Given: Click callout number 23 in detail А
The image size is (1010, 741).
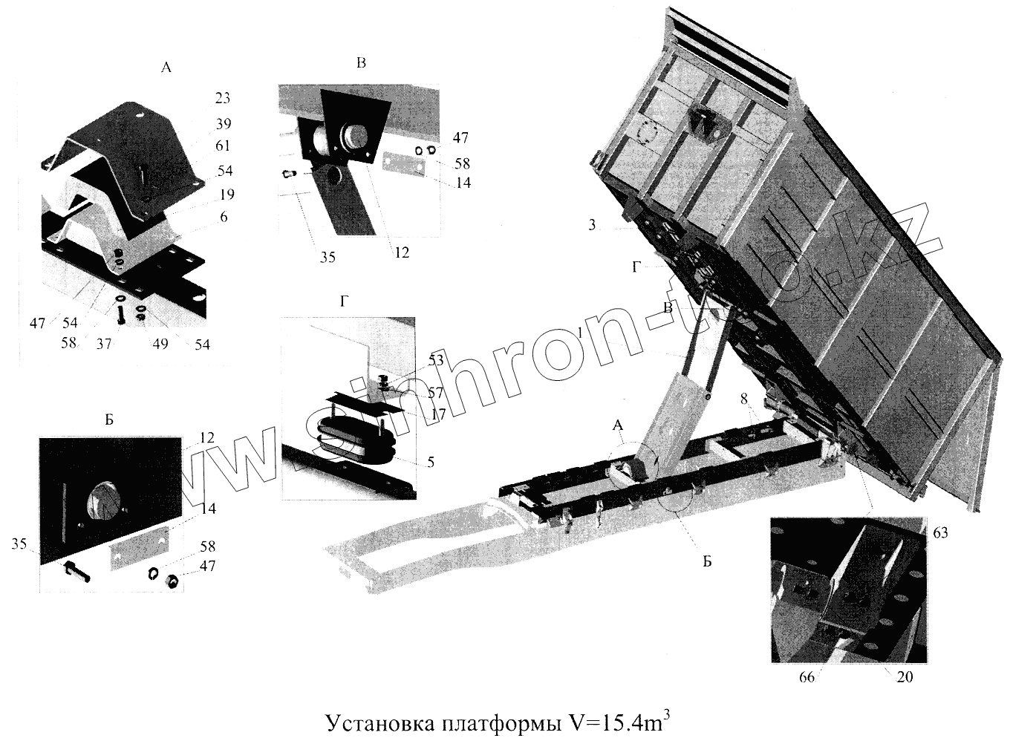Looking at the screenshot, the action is point(222,98).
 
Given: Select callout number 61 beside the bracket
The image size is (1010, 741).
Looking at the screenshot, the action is point(223,146).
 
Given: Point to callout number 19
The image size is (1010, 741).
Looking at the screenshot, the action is point(227,195).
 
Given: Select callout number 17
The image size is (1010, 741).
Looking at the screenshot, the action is point(437,414).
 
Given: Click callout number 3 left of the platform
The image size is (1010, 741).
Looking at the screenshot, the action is point(592,224).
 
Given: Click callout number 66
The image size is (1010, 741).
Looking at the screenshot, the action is point(806,677).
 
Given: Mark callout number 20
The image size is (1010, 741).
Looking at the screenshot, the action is point(905,677).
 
